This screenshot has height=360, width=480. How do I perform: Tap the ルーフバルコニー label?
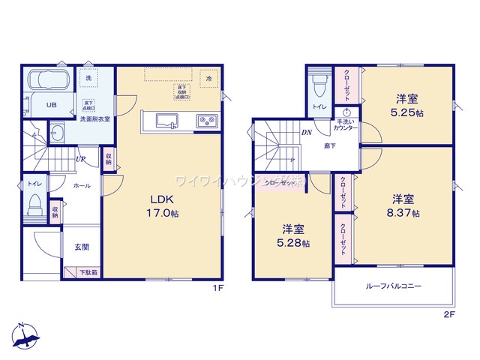click(x=393, y=286)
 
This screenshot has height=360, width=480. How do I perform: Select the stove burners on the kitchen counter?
click(x=206, y=120)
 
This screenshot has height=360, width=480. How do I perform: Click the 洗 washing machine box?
click(x=88, y=78)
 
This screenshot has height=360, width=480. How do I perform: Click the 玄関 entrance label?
click(x=81, y=247)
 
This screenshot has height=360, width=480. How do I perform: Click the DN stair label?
click(x=307, y=133)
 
